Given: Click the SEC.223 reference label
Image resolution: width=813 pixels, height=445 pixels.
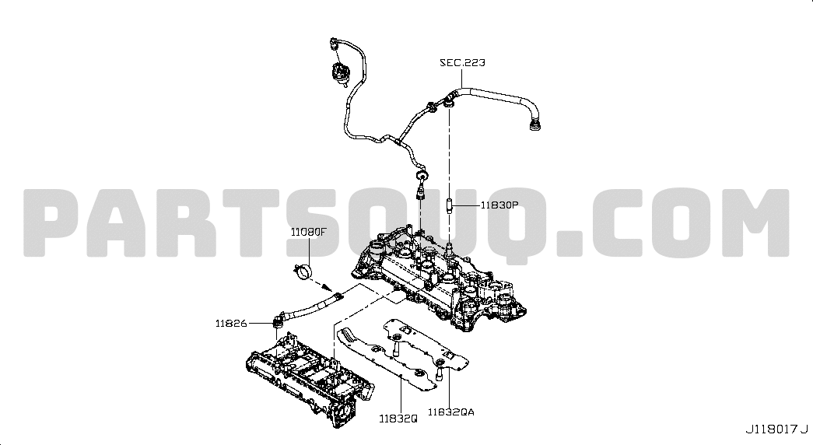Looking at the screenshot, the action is point(462,63).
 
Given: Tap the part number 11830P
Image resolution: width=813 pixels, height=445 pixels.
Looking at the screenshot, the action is point(499,205).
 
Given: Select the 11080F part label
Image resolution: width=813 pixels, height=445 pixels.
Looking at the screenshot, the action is point(309,232).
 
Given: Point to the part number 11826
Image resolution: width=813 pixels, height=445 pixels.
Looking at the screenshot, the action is point(231,324).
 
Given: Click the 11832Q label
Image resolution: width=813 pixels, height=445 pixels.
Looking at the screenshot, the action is point(398,418).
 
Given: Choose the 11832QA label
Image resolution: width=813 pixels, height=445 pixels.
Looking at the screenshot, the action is point(450,412).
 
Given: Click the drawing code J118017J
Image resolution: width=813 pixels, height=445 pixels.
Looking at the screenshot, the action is point(776,429).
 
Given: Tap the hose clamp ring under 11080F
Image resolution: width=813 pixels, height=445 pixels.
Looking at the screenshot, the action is point(304,272).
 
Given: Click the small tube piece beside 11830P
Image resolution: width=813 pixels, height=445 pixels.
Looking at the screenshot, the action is point(449,205).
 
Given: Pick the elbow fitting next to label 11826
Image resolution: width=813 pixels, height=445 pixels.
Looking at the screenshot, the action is point(280,319).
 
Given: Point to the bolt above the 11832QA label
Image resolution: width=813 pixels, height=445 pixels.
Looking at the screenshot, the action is point(439,373).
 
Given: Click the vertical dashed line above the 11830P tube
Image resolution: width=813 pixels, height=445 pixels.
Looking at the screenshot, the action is point(449,152).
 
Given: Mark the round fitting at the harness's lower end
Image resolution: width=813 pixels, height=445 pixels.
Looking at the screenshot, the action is point(422,176).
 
